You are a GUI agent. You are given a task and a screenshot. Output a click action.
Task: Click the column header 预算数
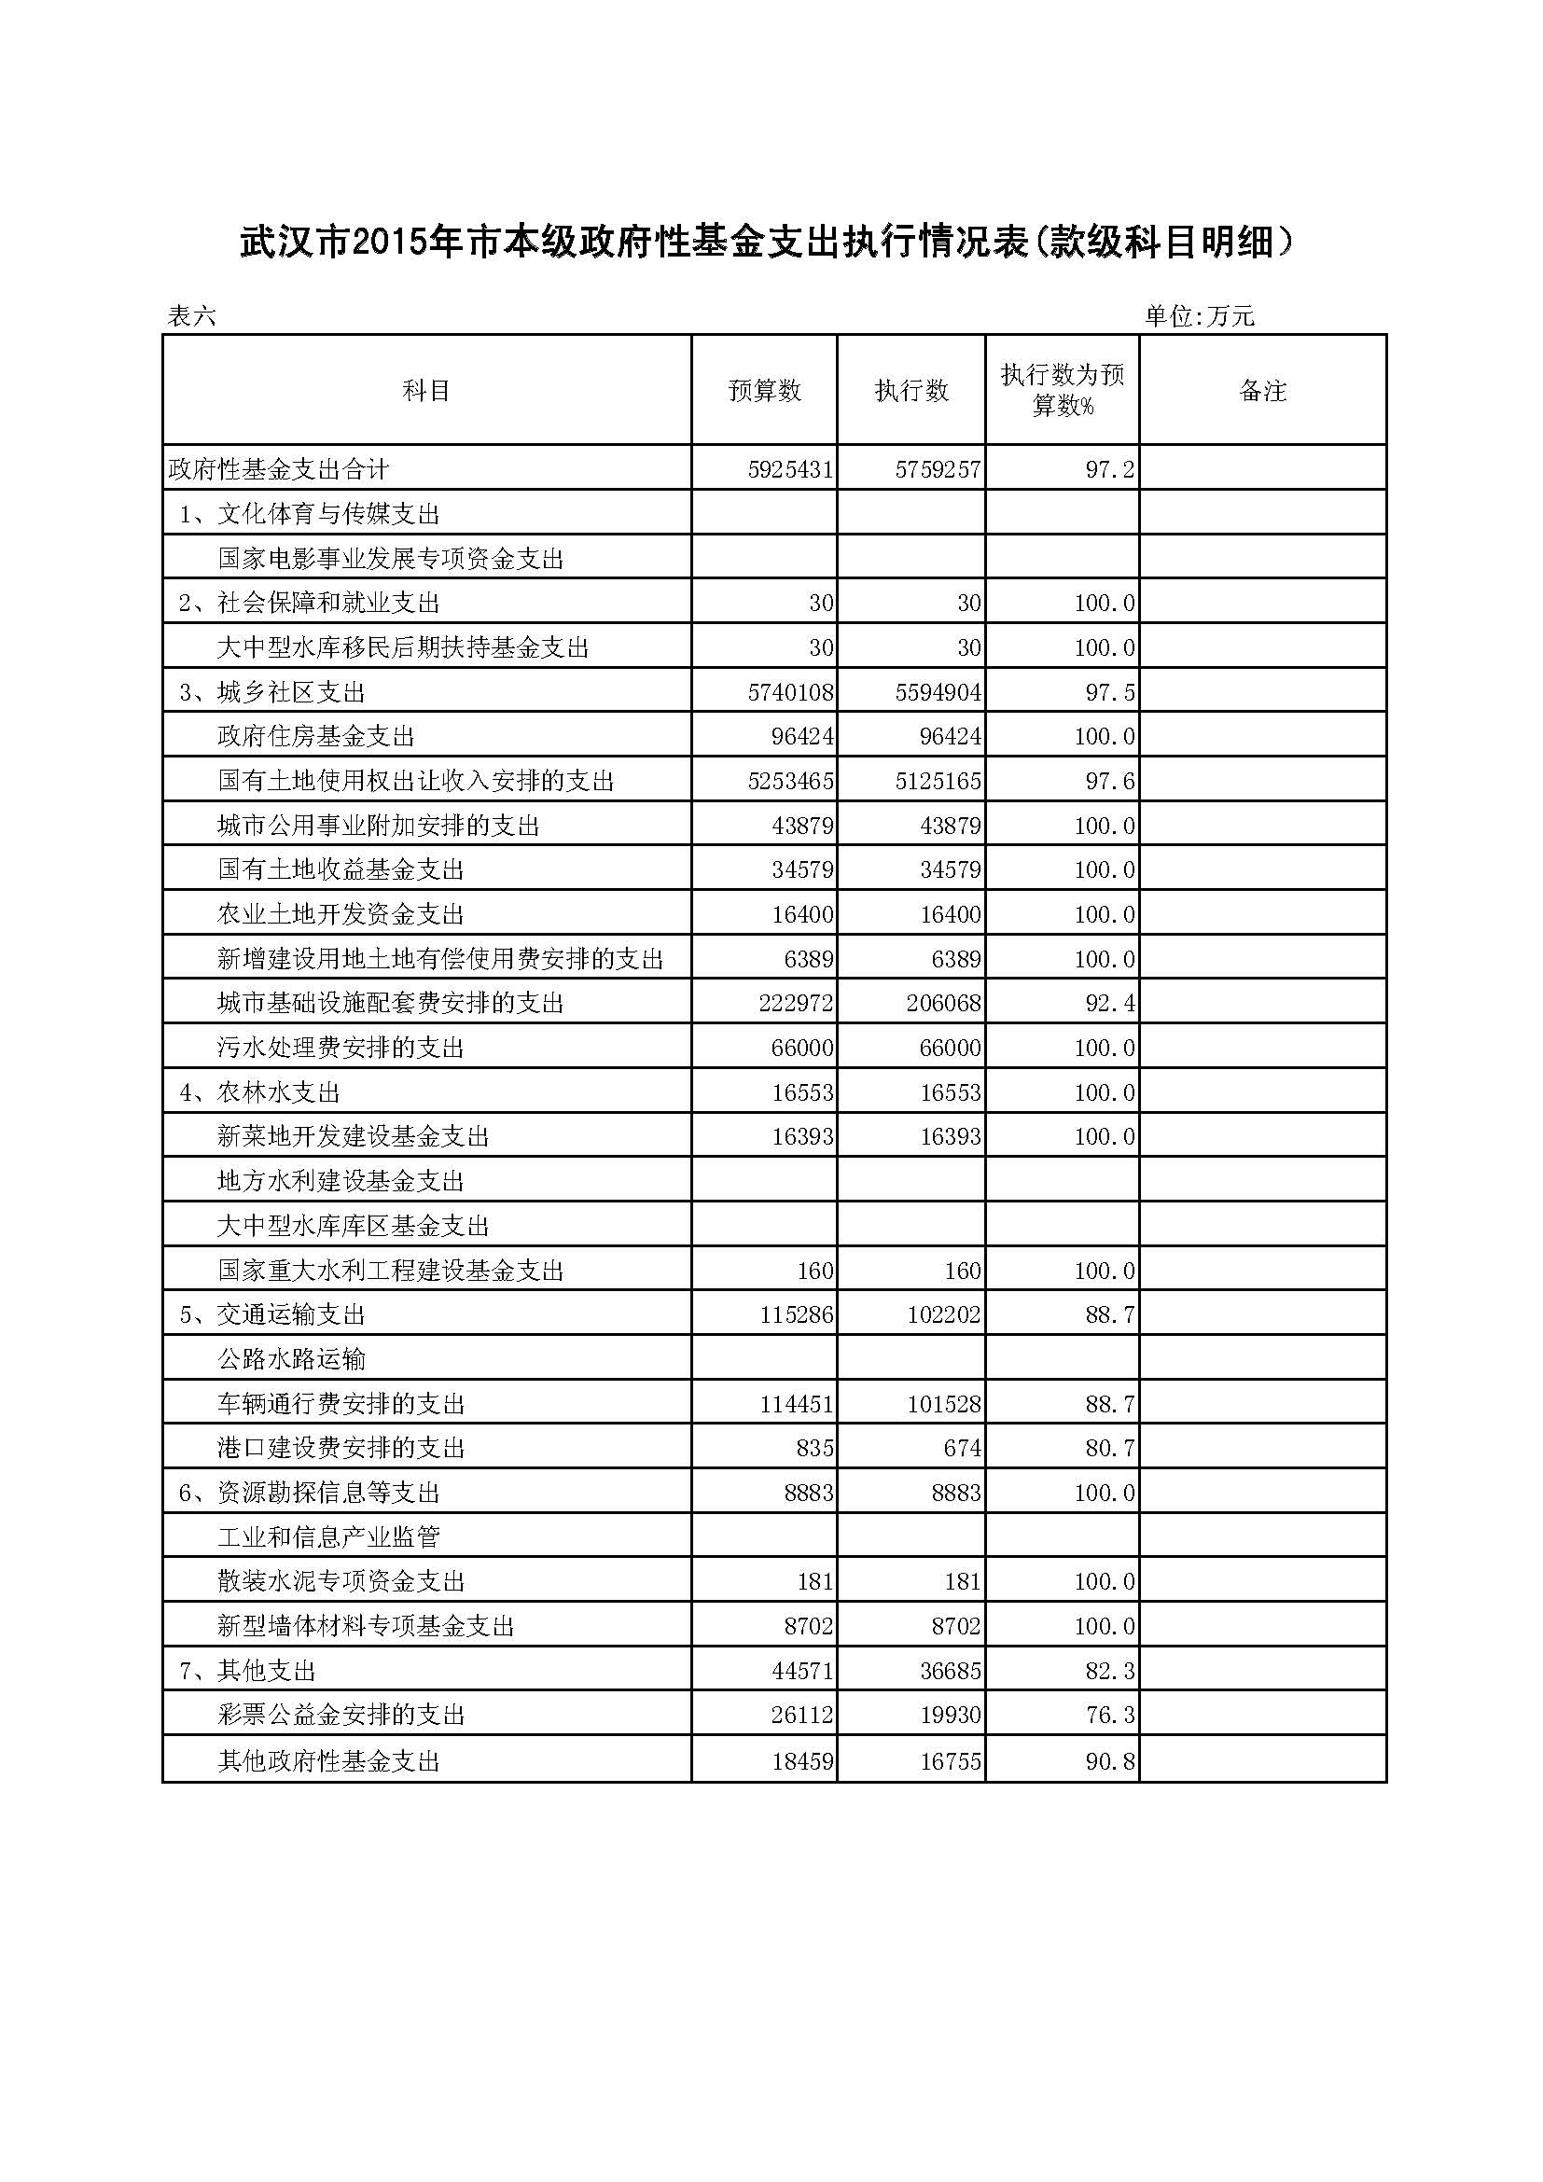point(764,391)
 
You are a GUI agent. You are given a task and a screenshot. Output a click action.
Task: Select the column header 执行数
point(911,391)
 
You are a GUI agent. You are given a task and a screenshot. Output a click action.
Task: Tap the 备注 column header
point(1263,391)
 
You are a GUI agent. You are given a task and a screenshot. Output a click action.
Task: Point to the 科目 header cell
point(425,391)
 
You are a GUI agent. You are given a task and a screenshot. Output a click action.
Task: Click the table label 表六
point(192,316)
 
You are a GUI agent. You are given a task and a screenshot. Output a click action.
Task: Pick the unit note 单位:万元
point(1199,316)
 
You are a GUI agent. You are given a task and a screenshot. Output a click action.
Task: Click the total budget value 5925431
point(789,469)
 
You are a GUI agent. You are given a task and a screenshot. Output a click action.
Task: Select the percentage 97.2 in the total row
point(1110,469)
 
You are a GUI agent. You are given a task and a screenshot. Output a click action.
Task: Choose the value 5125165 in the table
point(938,781)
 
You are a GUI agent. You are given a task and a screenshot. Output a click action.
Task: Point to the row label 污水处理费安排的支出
point(341,1048)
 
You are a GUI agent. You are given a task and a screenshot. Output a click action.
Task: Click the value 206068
point(943,1004)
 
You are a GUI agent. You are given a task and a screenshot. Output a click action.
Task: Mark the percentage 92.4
point(1110,1004)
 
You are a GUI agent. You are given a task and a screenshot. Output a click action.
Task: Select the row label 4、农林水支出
point(259,1092)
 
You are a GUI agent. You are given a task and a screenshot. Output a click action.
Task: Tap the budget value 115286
point(796,1315)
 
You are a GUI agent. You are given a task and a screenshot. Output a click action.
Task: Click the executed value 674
point(963,1449)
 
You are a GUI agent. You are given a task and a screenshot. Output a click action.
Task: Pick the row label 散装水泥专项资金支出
point(341,1581)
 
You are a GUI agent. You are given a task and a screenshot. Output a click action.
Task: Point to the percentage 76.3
point(1110,1716)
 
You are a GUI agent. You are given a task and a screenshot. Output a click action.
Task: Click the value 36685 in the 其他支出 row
point(950,1671)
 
